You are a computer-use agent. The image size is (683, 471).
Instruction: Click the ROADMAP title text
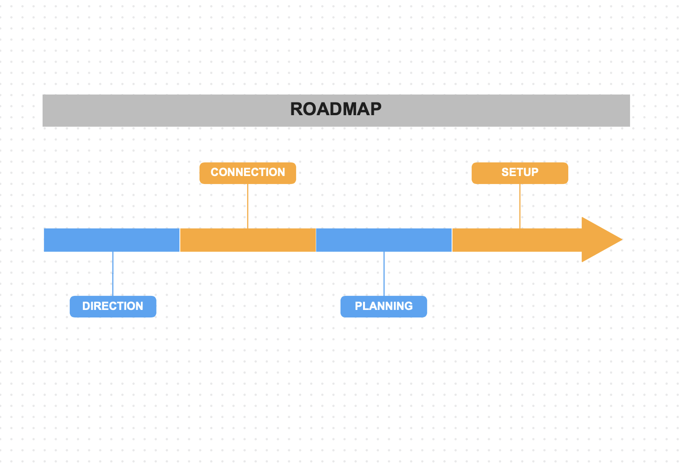pos(335,109)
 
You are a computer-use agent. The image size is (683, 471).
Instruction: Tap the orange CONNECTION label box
pos(247,173)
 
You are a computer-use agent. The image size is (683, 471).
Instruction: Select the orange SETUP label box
pos(520,173)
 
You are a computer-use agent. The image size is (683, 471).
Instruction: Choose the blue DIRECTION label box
pos(113,306)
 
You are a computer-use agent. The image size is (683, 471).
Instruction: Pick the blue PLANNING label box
pos(384,306)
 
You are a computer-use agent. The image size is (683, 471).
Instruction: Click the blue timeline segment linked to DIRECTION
pos(111,240)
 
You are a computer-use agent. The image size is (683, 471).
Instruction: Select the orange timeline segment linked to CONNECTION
pos(248,240)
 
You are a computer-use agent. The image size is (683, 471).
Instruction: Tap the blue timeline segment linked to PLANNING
pos(384,240)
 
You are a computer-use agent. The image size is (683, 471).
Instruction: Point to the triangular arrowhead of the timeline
pos(600,239)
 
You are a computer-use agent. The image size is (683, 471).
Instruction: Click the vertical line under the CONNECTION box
pos(248,206)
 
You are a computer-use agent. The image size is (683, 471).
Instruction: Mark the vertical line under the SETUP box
pos(520,206)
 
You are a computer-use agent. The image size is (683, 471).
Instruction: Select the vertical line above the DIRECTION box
pos(113,273)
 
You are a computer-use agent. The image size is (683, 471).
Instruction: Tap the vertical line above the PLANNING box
pos(384,273)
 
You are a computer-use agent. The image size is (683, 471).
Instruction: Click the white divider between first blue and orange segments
pos(180,240)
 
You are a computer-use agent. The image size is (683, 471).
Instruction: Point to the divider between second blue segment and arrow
pos(452,240)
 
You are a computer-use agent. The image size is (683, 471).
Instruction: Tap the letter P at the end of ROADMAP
pos(375,109)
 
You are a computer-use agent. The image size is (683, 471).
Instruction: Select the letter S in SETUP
pos(505,172)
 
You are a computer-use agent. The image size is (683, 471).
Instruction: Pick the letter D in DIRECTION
pos(87,306)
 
